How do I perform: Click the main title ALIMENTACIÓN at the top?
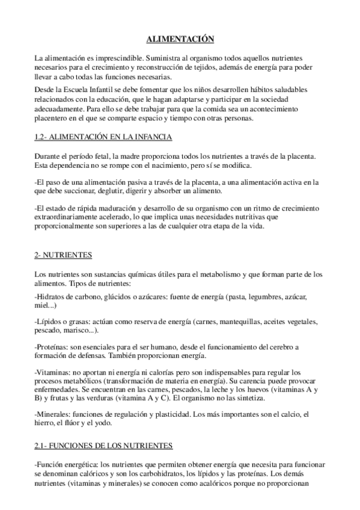point(180,38)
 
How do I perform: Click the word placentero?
point(53,118)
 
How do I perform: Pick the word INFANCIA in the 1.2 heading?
point(153,138)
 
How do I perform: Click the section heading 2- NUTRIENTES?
point(59,255)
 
